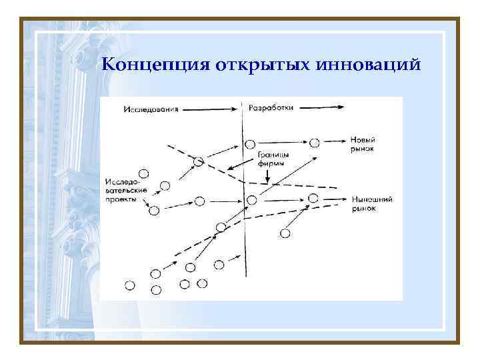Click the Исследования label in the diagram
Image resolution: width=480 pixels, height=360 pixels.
click(151, 109)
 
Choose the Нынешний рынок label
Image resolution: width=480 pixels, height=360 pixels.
click(371, 204)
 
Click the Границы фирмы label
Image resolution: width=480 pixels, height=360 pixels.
click(269, 159)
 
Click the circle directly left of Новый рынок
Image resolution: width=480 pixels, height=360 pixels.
click(315, 142)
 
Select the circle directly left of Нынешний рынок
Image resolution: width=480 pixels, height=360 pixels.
click(313, 197)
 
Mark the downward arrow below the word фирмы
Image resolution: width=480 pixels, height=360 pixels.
click(267, 175)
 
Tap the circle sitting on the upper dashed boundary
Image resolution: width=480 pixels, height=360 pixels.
click(198, 161)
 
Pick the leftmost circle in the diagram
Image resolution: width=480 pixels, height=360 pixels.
click(130, 285)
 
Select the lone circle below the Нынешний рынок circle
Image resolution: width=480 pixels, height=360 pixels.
click(285, 233)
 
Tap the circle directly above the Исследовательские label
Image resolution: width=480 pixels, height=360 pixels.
click(143, 173)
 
